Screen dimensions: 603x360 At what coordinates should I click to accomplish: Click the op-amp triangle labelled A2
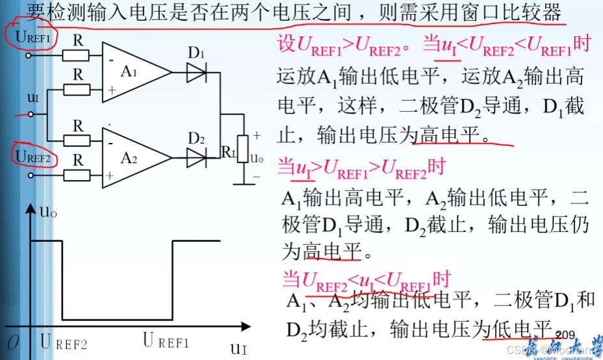(x=133, y=157)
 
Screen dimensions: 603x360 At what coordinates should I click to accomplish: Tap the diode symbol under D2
(x=197, y=157)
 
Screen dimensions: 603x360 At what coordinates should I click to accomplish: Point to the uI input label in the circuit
(x=32, y=98)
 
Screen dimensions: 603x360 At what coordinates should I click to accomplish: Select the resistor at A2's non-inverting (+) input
(x=77, y=175)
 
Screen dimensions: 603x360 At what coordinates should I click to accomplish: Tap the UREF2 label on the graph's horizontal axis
(x=63, y=342)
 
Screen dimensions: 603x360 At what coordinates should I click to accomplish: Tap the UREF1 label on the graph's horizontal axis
(x=166, y=341)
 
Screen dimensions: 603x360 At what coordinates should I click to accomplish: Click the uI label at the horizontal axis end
(x=238, y=347)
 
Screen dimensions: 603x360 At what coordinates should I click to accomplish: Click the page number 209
(x=565, y=335)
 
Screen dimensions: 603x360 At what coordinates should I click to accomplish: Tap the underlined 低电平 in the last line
(x=517, y=328)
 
